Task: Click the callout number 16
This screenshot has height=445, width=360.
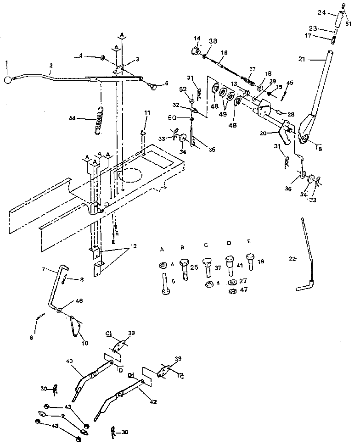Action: tap(224, 53)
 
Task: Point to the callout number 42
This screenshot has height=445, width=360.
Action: tap(153, 402)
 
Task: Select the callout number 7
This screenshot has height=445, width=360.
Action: tap(43, 268)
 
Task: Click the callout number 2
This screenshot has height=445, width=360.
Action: tap(51, 66)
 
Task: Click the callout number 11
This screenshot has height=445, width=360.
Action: tap(147, 112)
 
